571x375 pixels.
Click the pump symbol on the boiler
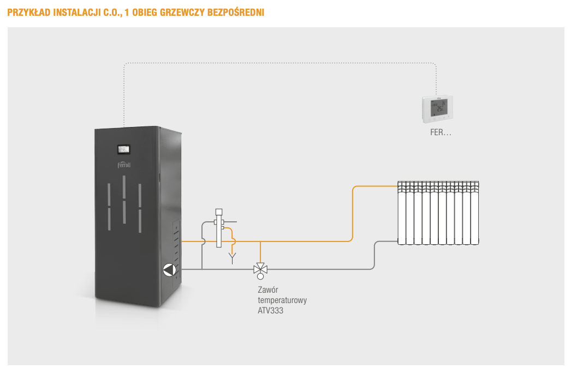tap(170, 269)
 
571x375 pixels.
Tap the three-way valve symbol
tap(260, 268)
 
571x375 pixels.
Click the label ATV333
tap(270, 311)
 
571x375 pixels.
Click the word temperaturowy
tap(282, 300)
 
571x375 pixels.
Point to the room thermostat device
tap(437, 109)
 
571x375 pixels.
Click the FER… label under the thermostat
tap(438, 132)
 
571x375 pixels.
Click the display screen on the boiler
tap(124, 149)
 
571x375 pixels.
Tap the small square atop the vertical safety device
tap(219, 211)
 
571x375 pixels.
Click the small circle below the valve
tap(260, 276)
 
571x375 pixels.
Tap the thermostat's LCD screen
tap(438, 107)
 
